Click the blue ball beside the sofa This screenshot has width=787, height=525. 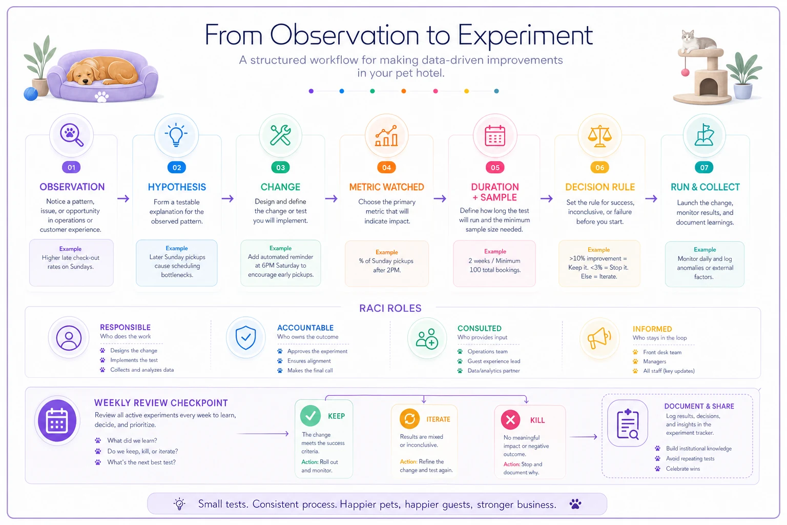[x=31, y=94]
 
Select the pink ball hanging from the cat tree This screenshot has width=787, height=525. [x=685, y=72]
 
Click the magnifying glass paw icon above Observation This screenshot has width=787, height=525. [x=71, y=135]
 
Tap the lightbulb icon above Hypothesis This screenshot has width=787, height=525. [x=176, y=135]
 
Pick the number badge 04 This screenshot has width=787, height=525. [x=386, y=167]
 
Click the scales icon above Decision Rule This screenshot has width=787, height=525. [x=600, y=136]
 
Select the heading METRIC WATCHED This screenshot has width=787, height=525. [x=386, y=187]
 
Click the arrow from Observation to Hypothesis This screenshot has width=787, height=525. [x=123, y=199]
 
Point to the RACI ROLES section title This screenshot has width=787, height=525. [x=390, y=309]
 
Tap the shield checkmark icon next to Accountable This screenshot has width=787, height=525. [x=245, y=337]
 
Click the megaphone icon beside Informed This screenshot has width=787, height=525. [x=599, y=338]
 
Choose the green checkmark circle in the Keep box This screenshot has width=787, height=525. [x=310, y=416]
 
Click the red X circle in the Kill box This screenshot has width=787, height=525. [x=510, y=419]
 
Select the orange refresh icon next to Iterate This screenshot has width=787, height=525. [x=409, y=419]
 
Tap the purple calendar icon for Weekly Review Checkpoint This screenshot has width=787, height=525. [x=57, y=420]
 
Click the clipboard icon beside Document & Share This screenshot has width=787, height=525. [x=628, y=423]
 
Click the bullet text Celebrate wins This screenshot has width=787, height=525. [x=682, y=469]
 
